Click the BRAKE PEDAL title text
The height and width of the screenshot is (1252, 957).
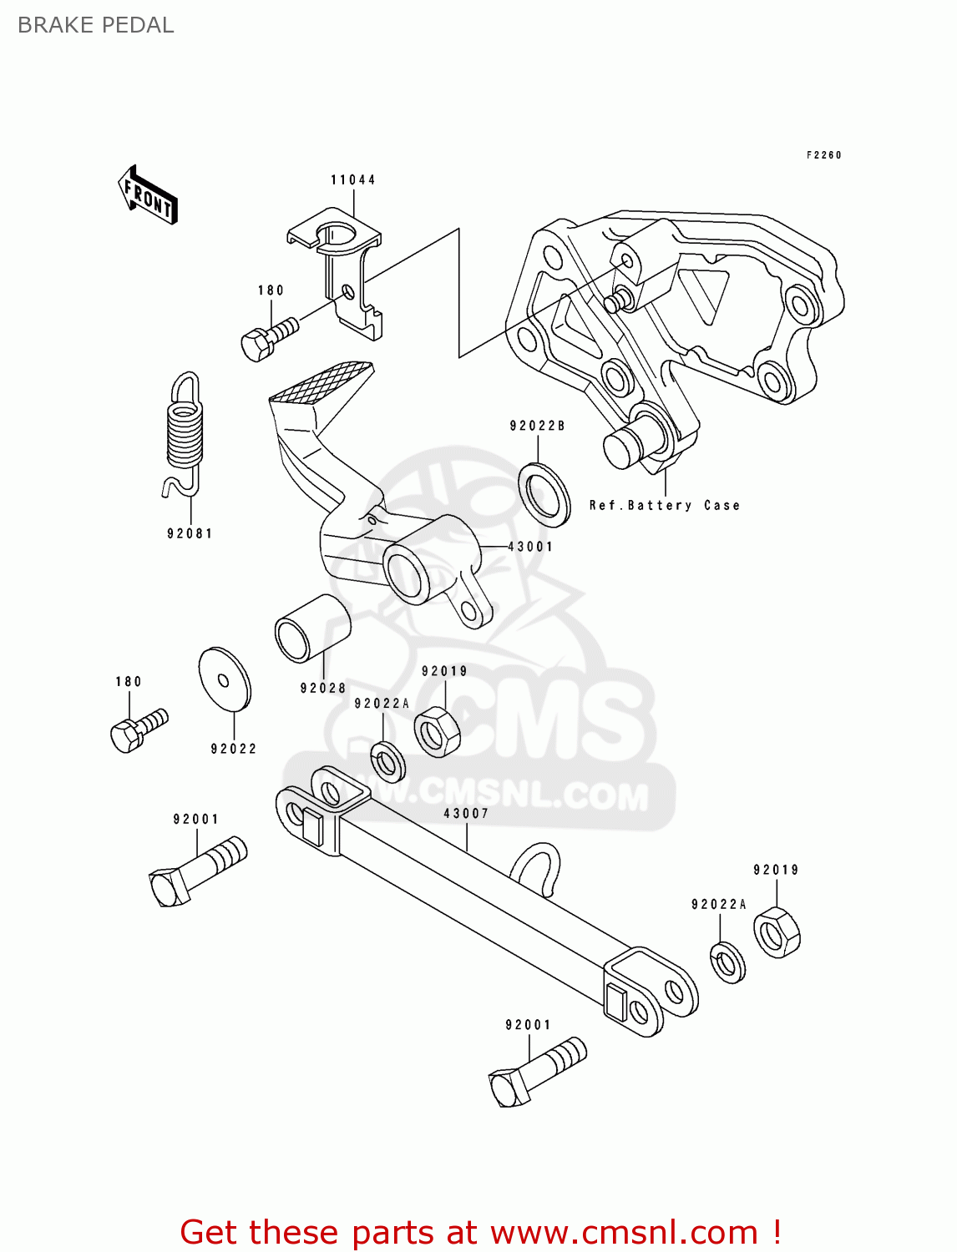coord(95,25)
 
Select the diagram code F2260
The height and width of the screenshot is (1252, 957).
coord(823,155)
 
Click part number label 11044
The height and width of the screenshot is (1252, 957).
coord(352,179)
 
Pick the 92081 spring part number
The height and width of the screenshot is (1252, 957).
coord(190,533)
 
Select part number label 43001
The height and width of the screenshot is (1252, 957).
coord(530,547)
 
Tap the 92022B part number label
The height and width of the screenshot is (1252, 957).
coord(537,426)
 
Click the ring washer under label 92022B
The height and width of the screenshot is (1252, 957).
coord(544,494)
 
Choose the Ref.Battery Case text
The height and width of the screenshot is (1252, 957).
coord(664,505)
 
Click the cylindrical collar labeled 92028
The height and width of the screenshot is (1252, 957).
coord(311,629)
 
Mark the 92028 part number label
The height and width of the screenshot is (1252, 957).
coord(323,688)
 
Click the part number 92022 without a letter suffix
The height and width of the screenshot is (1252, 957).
coord(234,749)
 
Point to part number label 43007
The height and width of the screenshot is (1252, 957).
coord(466,813)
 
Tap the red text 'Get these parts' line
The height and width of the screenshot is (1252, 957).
coord(480,1232)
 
